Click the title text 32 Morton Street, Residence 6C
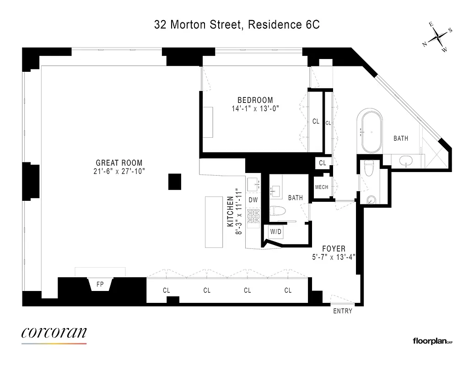[237, 25]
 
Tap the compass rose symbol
[438, 38]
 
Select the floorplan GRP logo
[433, 340]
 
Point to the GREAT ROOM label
[119, 163]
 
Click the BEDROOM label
[255, 100]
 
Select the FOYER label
[334, 248]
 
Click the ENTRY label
[343, 311]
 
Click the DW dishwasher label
[253, 200]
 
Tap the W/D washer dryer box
[276, 232]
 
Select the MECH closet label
[322, 187]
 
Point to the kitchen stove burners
[253, 218]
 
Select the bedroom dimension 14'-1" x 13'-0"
[255, 109]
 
